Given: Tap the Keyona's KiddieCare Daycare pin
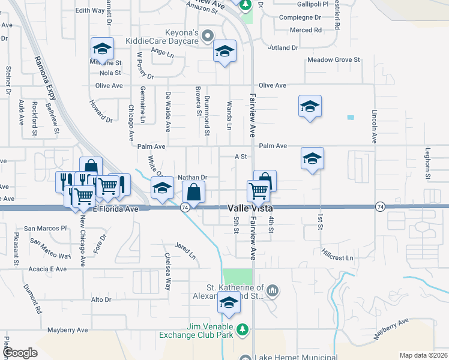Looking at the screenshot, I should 208,35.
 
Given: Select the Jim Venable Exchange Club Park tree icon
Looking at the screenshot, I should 243,329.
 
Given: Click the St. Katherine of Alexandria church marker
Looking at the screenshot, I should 273,292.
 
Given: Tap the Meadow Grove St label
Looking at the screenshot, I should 333,60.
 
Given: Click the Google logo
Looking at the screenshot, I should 20,352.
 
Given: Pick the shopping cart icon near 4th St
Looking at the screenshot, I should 258,191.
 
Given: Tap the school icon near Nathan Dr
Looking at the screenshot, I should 162,188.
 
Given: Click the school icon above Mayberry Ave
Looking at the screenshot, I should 229,304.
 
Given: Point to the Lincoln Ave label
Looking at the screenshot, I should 374,125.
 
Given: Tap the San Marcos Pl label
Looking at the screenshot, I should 46,229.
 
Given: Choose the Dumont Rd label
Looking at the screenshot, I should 32,300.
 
